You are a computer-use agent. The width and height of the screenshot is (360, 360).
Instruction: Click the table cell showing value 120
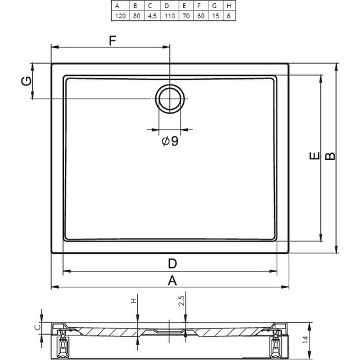[x=120, y=16]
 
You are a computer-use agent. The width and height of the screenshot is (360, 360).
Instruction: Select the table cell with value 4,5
[x=152, y=16]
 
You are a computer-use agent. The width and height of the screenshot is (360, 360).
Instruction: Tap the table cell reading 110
[x=169, y=16]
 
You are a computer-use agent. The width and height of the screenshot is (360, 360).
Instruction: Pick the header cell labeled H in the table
[x=229, y=6]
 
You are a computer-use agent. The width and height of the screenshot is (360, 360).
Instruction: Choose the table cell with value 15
[x=215, y=16]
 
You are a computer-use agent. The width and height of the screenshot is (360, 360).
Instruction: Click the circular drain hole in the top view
[x=170, y=99]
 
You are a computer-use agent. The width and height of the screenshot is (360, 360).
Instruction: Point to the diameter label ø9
[x=170, y=141]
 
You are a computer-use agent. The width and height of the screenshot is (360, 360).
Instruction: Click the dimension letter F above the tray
[x=112, y=40]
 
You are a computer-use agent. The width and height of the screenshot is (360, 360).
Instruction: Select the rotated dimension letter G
[x=27, y=81]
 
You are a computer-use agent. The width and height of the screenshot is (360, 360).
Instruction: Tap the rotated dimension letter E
[x=315, y=155]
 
